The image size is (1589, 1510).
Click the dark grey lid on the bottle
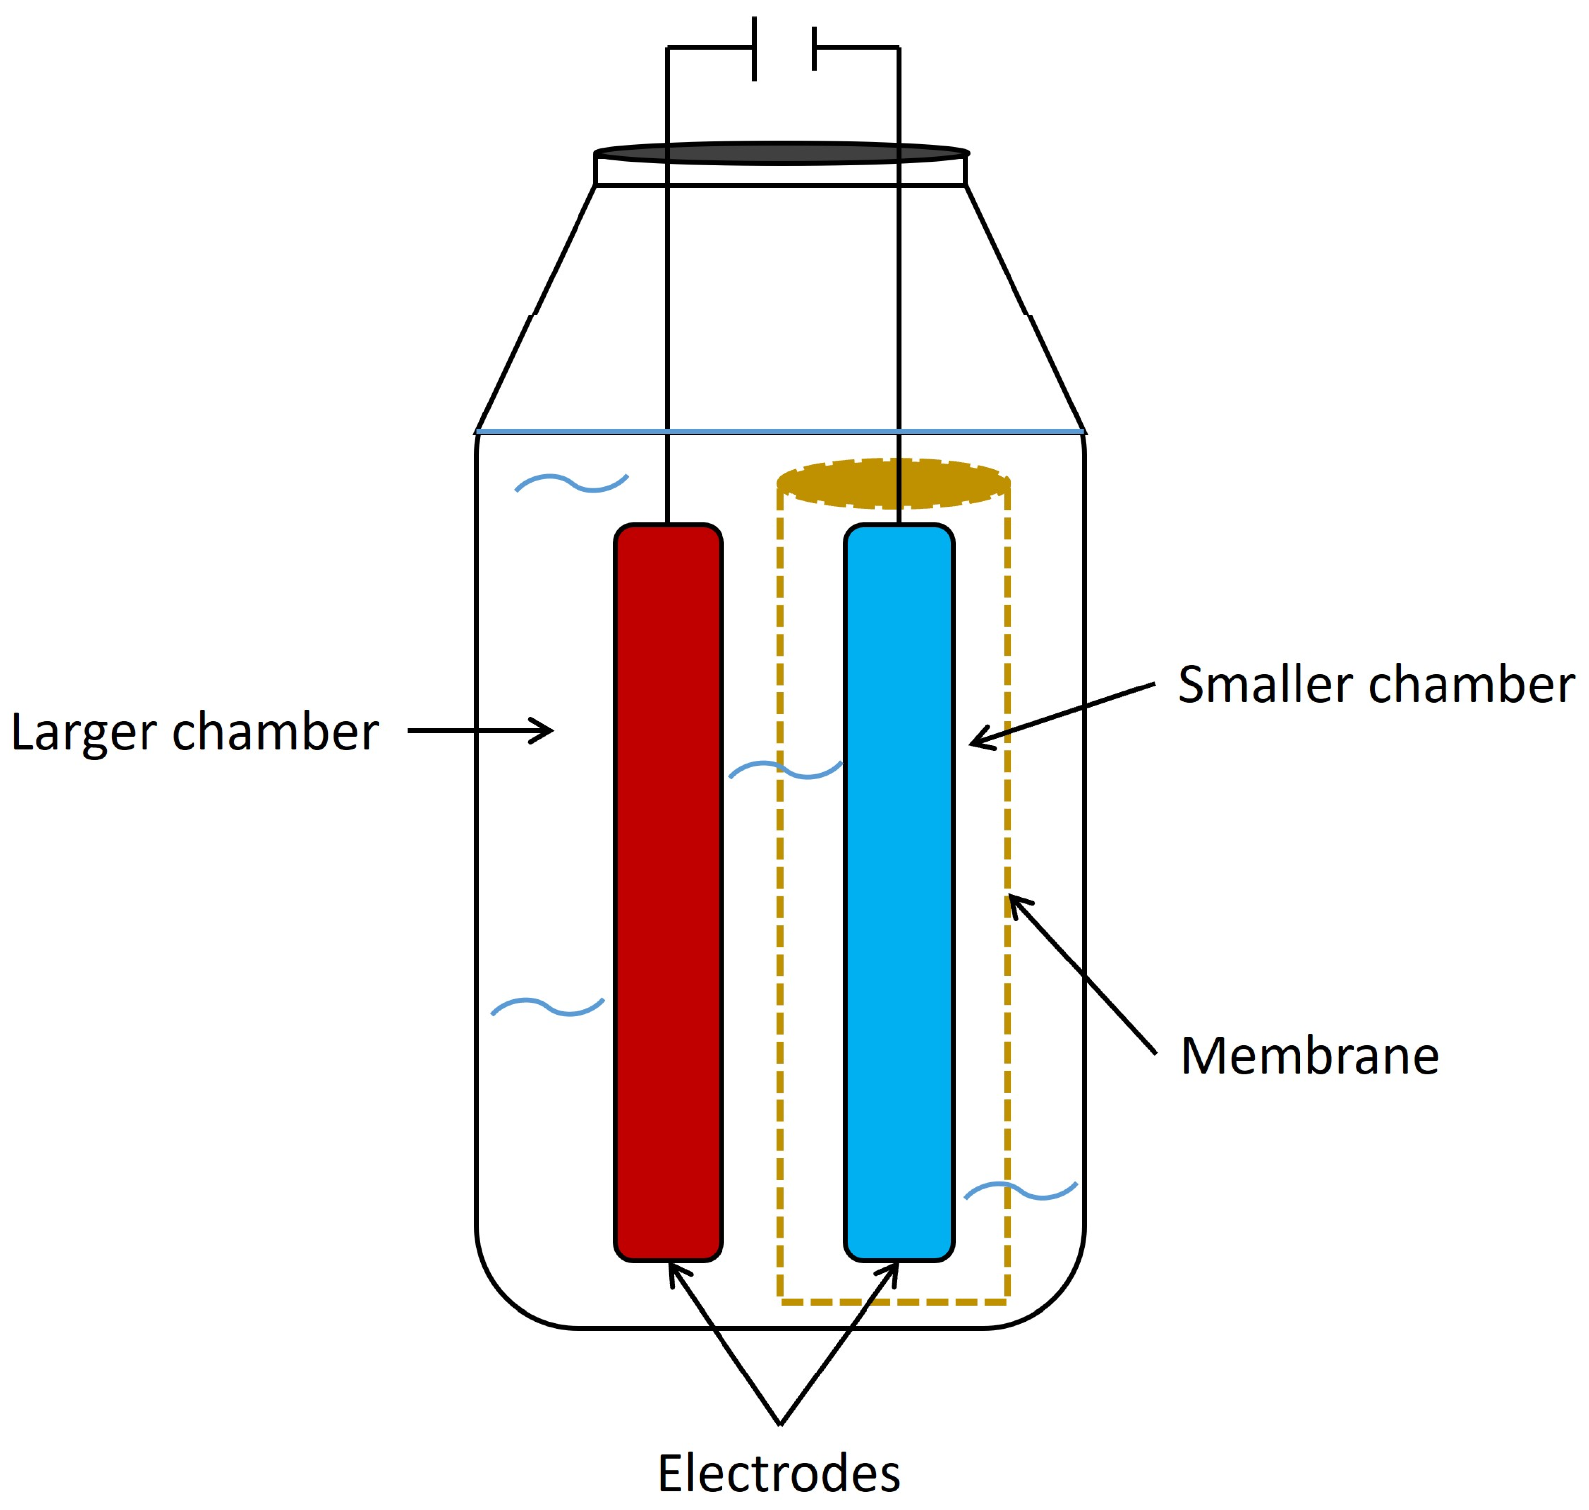click(x=781, y=153)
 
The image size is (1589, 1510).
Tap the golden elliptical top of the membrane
click(x=893, y=483)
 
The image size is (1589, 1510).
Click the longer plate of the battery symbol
click(x=754, y=48)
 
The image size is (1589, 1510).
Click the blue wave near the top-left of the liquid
click(x=572, y=483)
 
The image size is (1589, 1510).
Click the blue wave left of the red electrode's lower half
click(x=548, y=1007)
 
